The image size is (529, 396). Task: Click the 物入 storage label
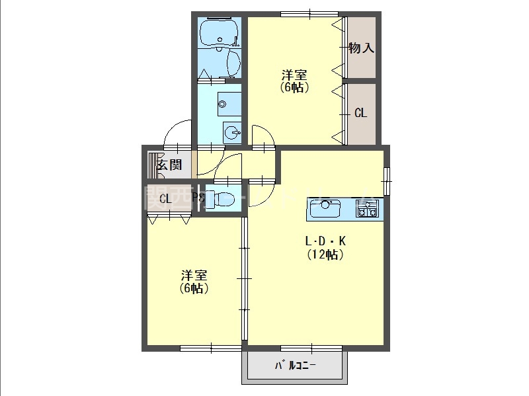pos(362,48)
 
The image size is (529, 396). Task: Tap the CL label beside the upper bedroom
pos(360,113)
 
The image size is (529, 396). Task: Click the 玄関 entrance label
pos(169,165)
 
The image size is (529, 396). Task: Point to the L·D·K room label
pos(325,241)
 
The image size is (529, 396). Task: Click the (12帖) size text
pos(325,254)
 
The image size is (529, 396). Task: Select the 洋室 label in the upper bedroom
pos(294,75)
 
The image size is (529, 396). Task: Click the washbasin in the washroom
pos(232,133)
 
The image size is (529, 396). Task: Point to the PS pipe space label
pos(197,197)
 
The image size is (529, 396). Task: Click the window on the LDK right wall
pos(387,180)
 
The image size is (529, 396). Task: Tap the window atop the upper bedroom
pos(309,14)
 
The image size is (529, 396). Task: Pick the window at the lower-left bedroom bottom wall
pos(210,348)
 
